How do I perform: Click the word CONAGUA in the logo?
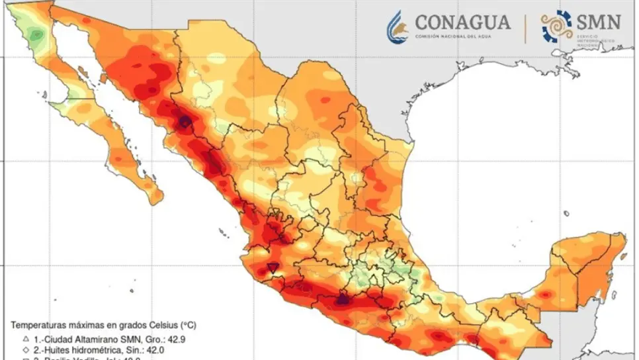tap(462, 21)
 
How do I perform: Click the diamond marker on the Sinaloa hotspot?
tap(185, 122)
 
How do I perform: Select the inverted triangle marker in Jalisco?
tap(273, 267)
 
